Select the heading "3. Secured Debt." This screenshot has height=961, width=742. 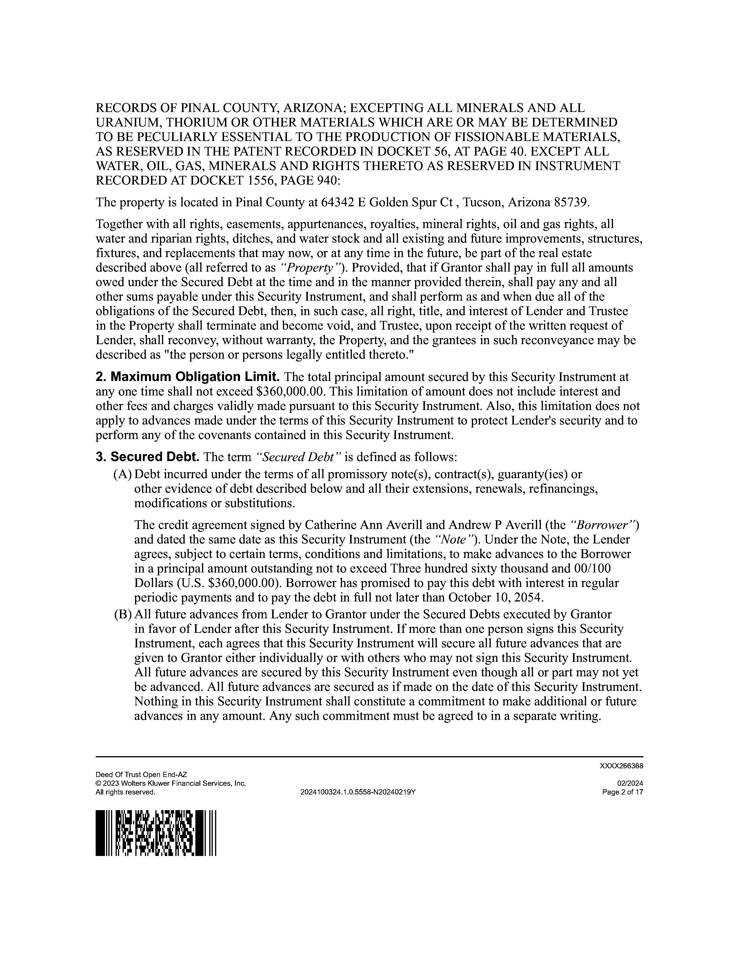pos(148,457)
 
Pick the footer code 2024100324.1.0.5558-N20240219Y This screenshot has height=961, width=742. pos(358,792)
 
